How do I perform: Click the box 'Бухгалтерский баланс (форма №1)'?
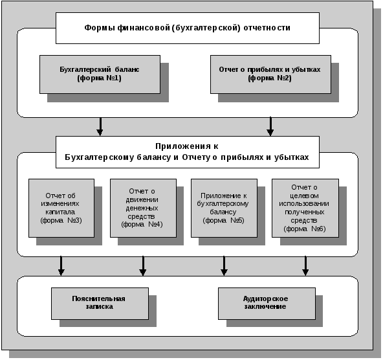pyautogui.click(x=100, y=74)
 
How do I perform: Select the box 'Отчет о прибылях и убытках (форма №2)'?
pyautogui.click(x=270, y=74)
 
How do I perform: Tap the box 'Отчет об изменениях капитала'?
pyautogui.click(x=61, y=208)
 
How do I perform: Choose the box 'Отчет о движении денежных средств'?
pyautogui.click(x=143, y=208)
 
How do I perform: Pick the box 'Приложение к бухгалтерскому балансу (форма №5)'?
pyautogui.click(x=224, y=208)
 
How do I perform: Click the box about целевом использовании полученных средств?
pyautogui.click(x=305, y=208)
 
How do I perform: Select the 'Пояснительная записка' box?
pyautogui.click(x=100, y=304)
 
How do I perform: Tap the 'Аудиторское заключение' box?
pyautogui.click(x=267, y=304)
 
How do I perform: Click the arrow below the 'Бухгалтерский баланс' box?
pyautogui.click(x=100, y=127)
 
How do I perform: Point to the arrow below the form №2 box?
pyautogui.click(x=270, y=127)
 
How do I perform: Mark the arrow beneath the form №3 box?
pyautogui.click(x=61, y=266)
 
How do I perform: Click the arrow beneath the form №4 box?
pyautogui.click(x=143, y=266)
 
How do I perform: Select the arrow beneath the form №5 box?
pyautogui.click(x=224, y=266)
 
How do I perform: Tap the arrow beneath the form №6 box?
pyautogui.click(x=305, y=266)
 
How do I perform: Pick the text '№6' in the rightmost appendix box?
pyautogui.click(x=318, y=229)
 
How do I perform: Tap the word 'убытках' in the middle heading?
pyautogui.click(x=291, y=157)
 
